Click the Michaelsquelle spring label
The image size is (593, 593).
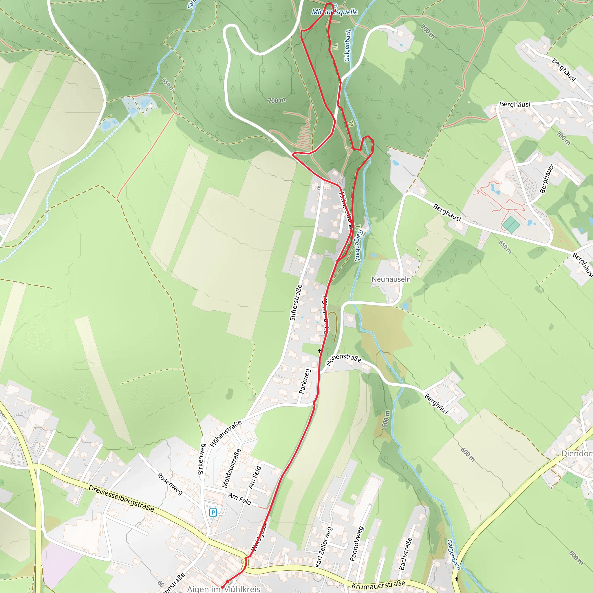point(334,12)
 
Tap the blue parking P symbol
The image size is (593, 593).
point(213,512)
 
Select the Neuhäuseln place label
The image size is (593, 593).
point(391,279)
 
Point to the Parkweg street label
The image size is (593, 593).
point(305,381)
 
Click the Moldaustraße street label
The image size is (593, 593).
point(231,468)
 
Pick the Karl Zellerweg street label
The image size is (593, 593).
point(323,547)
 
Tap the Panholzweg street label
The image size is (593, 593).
point(357,543)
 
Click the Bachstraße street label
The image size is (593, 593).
point(405,553)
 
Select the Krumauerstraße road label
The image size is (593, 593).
point(378,585)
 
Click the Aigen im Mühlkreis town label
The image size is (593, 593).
point(224,589)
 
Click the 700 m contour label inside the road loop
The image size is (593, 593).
point(276,100)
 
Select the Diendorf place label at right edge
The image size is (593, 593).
point(576,453)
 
